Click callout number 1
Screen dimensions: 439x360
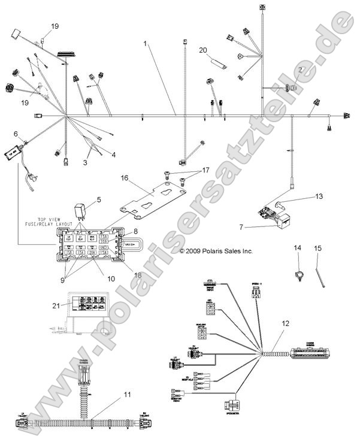(145, 44)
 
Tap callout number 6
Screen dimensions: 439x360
(16, 134)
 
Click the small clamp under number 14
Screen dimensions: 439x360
(297, 273)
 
